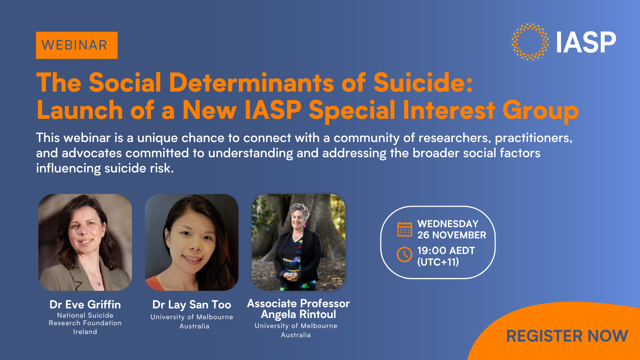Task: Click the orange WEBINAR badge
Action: [76, 45]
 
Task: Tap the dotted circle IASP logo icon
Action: [530, 42]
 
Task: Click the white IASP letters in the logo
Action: [586, 42]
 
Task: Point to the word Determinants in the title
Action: [251, 83]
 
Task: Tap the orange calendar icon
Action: [404, 229]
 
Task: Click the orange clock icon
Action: [404, 255]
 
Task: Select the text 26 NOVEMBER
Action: [452, 235]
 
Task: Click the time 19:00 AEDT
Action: [446, 251]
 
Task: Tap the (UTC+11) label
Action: [438, 262]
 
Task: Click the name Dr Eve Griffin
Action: [85, 305]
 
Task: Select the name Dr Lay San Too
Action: [192, 305]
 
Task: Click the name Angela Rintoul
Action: [298, 314]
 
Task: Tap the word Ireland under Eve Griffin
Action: [85, 332]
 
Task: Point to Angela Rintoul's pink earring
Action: [304, 226]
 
